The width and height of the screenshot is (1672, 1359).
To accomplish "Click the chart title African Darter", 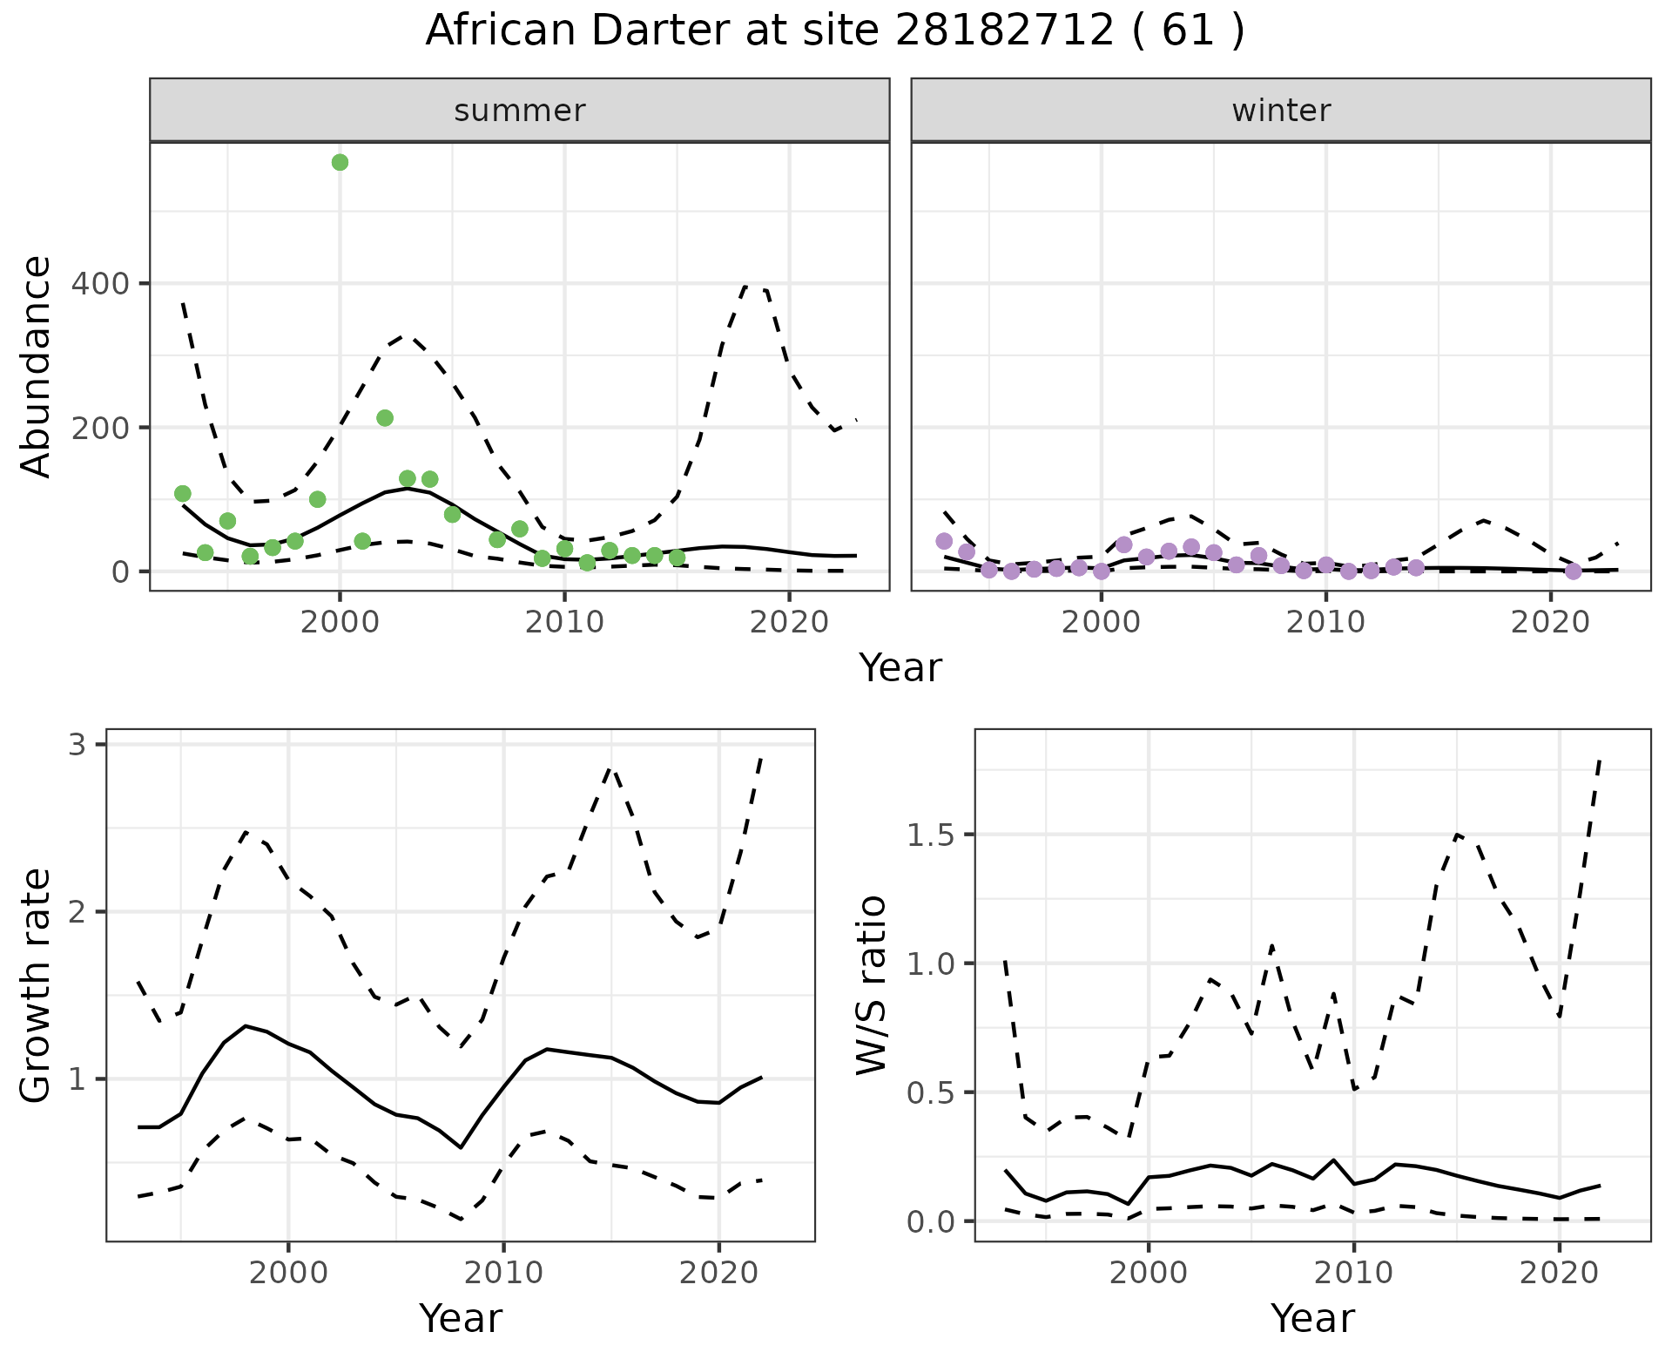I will pos(834,31).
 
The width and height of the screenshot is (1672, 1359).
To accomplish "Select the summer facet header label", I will pos(520,111).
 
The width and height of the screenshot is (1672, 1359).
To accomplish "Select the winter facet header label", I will pos(1281,111).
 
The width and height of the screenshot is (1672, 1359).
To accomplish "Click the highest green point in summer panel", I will pos(340,162).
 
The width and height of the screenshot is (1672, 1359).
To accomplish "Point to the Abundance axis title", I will pos(37,367).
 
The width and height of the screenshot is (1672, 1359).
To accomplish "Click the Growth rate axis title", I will pos(37,985).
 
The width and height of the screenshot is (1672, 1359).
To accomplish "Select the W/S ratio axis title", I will pos(871,985).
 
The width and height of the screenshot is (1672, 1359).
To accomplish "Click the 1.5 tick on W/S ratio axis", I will pos(931,835).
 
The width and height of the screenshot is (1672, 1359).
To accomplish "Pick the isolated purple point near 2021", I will pos(1573,571).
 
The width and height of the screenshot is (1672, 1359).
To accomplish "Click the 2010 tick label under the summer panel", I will pos(563,623).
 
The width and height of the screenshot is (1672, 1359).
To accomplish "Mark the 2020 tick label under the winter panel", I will pos(1550,623).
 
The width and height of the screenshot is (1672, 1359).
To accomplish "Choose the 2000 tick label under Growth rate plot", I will pos(288,1273).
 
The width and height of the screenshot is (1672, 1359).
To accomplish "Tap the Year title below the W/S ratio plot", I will pos(1312,1318).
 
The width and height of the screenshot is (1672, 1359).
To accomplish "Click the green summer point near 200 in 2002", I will pos(385,418).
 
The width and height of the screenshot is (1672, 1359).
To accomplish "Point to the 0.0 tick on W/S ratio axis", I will pos(931,1221).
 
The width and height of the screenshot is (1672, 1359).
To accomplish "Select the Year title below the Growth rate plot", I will pos(461,1318).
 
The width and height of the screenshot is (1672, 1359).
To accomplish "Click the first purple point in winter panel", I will pos(944,541).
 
